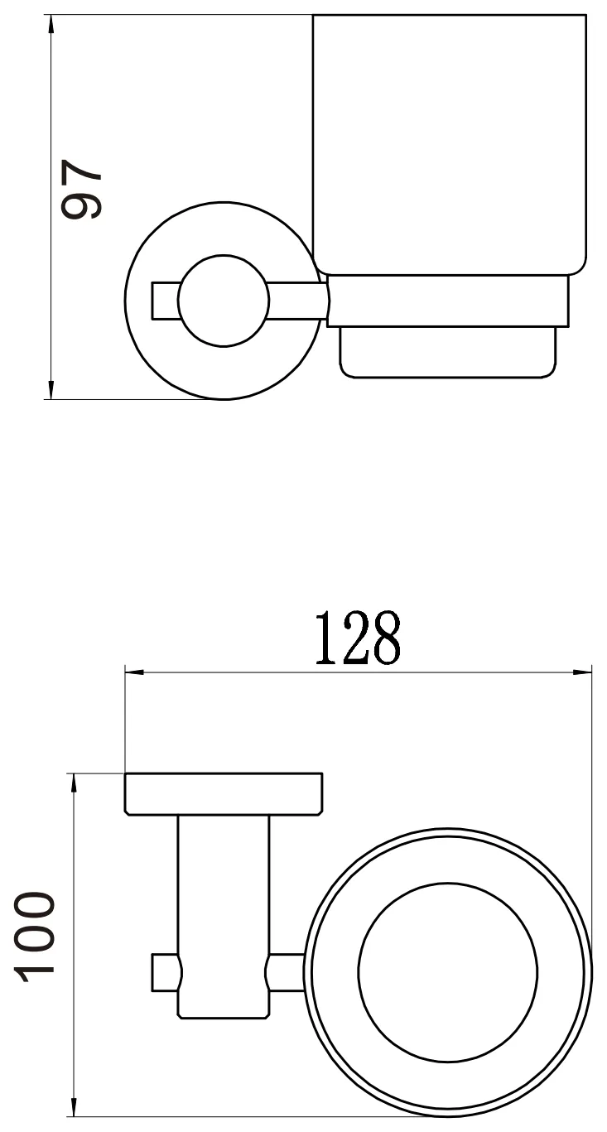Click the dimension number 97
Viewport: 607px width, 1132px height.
(x=81, y=190)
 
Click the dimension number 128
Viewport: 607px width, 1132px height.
(x=358, y=638)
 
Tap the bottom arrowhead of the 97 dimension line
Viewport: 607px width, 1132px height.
(x=51, y=390)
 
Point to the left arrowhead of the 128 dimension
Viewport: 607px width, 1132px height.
(x=134, y=672)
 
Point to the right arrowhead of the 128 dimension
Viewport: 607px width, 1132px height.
(x=581, y=672)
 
